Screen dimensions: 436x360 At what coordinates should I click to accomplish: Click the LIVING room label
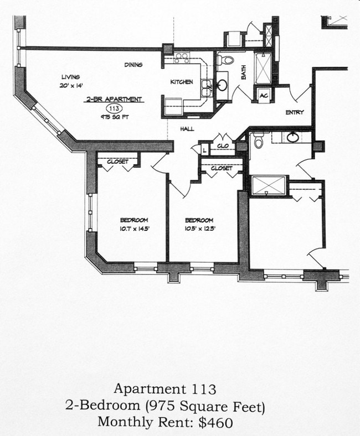70,77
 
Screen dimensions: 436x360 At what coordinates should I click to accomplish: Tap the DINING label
133,65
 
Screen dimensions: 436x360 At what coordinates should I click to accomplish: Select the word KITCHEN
182,82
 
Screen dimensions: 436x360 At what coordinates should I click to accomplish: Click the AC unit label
264,95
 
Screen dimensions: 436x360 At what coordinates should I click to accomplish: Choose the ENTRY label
295,112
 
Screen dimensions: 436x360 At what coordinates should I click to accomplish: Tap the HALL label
187,129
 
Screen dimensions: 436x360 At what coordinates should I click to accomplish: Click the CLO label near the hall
223,146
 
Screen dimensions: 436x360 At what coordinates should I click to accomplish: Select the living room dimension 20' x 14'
70,86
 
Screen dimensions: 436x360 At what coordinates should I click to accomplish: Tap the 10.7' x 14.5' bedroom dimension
133,228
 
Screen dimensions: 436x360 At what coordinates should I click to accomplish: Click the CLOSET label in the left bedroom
117,162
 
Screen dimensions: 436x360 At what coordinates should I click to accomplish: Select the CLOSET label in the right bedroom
222,168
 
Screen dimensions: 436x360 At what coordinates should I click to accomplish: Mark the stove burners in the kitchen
182,58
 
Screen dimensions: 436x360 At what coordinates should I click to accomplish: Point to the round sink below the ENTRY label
293,137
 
